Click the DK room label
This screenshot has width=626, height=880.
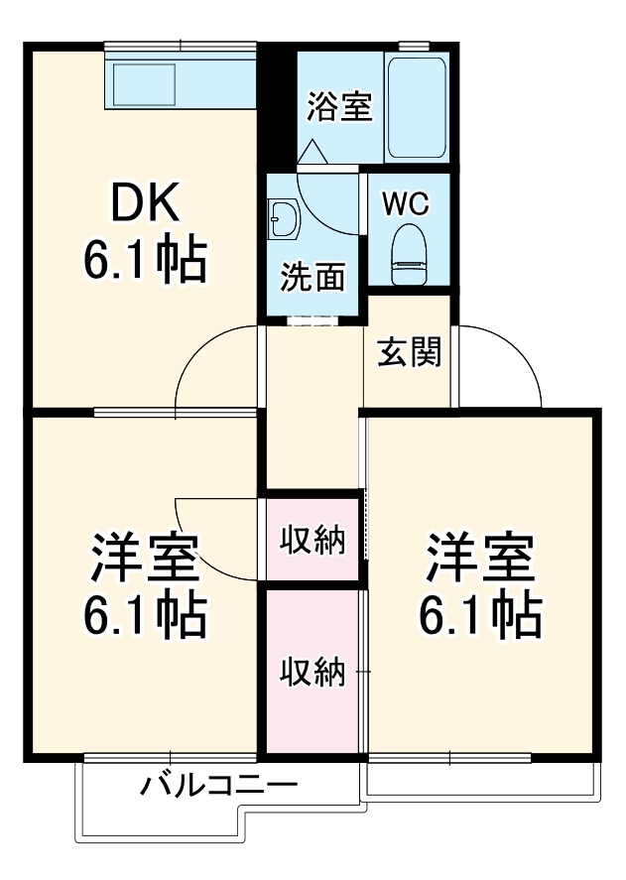pos(145,202)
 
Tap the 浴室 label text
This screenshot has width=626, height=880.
pos(339,107)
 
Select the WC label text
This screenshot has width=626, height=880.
pos(406,204)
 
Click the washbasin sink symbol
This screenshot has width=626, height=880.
pos(284,217)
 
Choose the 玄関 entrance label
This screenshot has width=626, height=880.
pos(409,352)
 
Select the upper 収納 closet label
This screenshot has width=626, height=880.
pos(312,541)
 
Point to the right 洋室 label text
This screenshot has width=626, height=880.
pos(480,560)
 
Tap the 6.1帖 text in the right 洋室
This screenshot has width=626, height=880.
pos(480,615)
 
